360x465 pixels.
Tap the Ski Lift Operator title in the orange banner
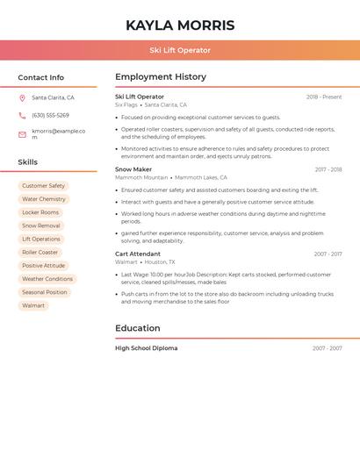pyautogui.click(x=180, y=50)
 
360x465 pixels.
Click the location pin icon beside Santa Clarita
pyautogui.click(x=22, y=98)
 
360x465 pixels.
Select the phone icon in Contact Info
pyautogui.click(x=22, y=116)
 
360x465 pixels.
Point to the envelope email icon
pyautogui.click(x=22, y=134)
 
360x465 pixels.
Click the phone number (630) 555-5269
pyautogui.click(x=50, y=116)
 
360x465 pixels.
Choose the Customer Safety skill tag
pyautogui.click(x=43, y=186)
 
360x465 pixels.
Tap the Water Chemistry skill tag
pyautogui.click(x=44, y=199)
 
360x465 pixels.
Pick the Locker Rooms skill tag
pyautogui.click(x=40, y=212)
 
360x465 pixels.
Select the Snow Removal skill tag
pyautogui.click(x=41, y=225)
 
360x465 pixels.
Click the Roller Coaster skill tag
pyautogui.click(x=40, y=253)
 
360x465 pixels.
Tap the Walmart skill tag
pyautogui.click(x=33, y=306)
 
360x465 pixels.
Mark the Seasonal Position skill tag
pyautogui.click(x=45, y=292)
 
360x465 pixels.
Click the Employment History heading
pyautogui.click(x=161, y=77)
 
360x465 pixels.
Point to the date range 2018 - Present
pyautogui.click(x=324, y=97)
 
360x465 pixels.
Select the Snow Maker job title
pyautogui.click(x=133, y=169)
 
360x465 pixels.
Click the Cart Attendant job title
pyautogui.click(x=138, y=254)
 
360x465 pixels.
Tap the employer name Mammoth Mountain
pyautogui.click(x=141, y=177)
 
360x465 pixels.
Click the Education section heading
pyautogui.click(x=138, y=328)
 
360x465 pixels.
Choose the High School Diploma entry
pyautogui.click(x=146, y=348)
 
